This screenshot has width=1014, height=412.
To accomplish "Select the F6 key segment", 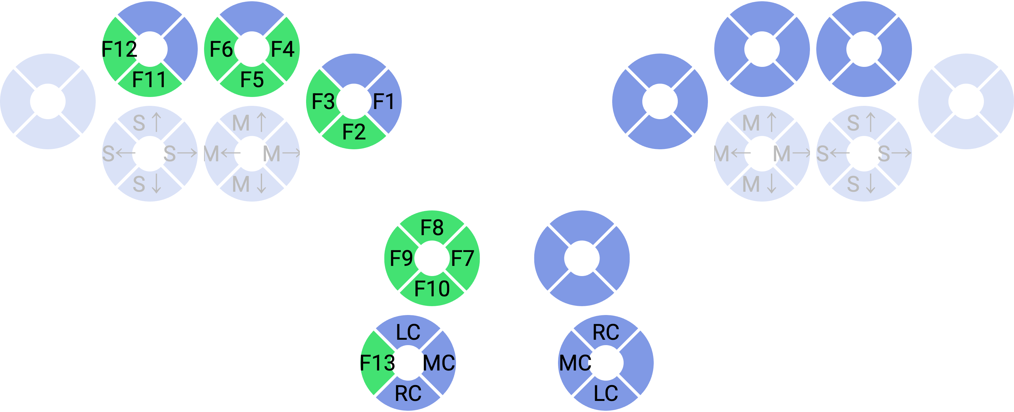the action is coord(221,49).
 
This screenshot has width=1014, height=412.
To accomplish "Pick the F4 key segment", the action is coord(283,49).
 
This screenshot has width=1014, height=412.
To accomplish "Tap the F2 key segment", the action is coord(354,132).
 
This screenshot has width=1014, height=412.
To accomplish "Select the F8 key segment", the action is coord(432,227).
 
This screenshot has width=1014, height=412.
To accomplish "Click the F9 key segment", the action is coord(401,258).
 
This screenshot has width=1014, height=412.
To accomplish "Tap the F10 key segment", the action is coord(432,289).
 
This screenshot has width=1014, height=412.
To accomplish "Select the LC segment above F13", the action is coord(408,332).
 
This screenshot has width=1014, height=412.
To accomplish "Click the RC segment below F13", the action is coord(408,394).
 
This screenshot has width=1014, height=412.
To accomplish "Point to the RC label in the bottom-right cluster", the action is coord(606,332).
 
